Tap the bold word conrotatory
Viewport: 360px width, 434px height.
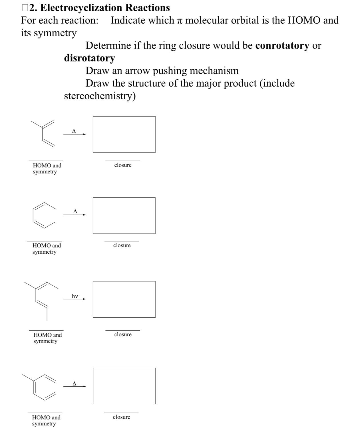point(282,45)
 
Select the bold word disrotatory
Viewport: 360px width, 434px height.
point(89,58)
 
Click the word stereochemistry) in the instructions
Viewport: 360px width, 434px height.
point(100,96)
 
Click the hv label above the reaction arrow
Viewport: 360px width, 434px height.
point(75,296)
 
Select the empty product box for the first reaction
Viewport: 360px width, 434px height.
point(124,134)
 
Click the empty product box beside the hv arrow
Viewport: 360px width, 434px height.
point(124,299)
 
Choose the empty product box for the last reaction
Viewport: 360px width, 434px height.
point(124,386)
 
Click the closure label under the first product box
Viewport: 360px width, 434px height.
point(123,165)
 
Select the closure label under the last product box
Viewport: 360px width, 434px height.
point(121,417)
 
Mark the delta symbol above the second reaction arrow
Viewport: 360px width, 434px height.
point(75,211)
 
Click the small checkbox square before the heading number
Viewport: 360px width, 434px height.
point(25,8)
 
